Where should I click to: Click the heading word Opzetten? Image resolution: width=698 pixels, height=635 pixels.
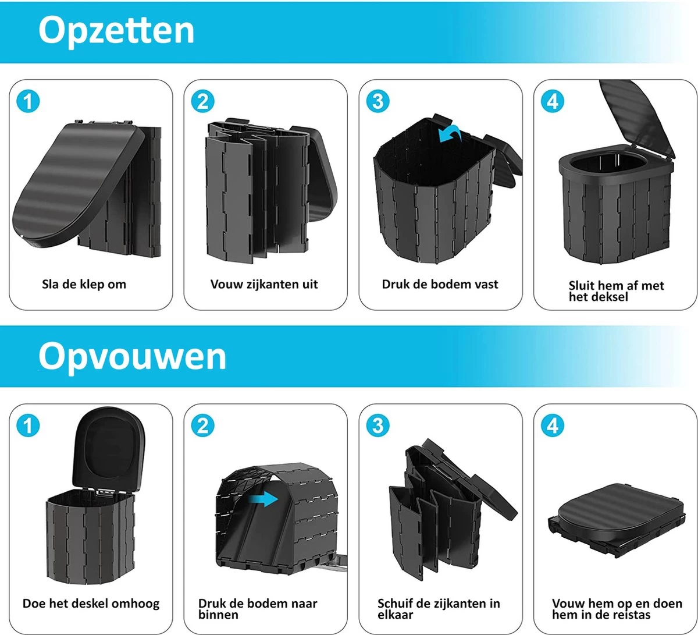116,31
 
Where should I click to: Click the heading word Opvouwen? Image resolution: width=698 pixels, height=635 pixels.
132,356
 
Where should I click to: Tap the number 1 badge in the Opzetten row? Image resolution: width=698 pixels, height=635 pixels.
28,102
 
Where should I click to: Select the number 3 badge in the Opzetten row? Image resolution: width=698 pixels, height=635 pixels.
378,102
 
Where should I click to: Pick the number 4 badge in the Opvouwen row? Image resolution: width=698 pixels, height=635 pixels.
552,426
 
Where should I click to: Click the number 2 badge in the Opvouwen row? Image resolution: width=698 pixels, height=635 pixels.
202,426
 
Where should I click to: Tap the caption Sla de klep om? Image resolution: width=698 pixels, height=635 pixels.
84,285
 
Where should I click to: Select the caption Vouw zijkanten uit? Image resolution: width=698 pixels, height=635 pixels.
264,285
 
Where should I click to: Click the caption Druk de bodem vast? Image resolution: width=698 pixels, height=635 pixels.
440,285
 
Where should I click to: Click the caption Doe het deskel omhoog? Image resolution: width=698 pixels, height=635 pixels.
91,603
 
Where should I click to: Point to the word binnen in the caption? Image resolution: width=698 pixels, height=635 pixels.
218,615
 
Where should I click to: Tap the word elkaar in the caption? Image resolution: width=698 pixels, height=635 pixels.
397,615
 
